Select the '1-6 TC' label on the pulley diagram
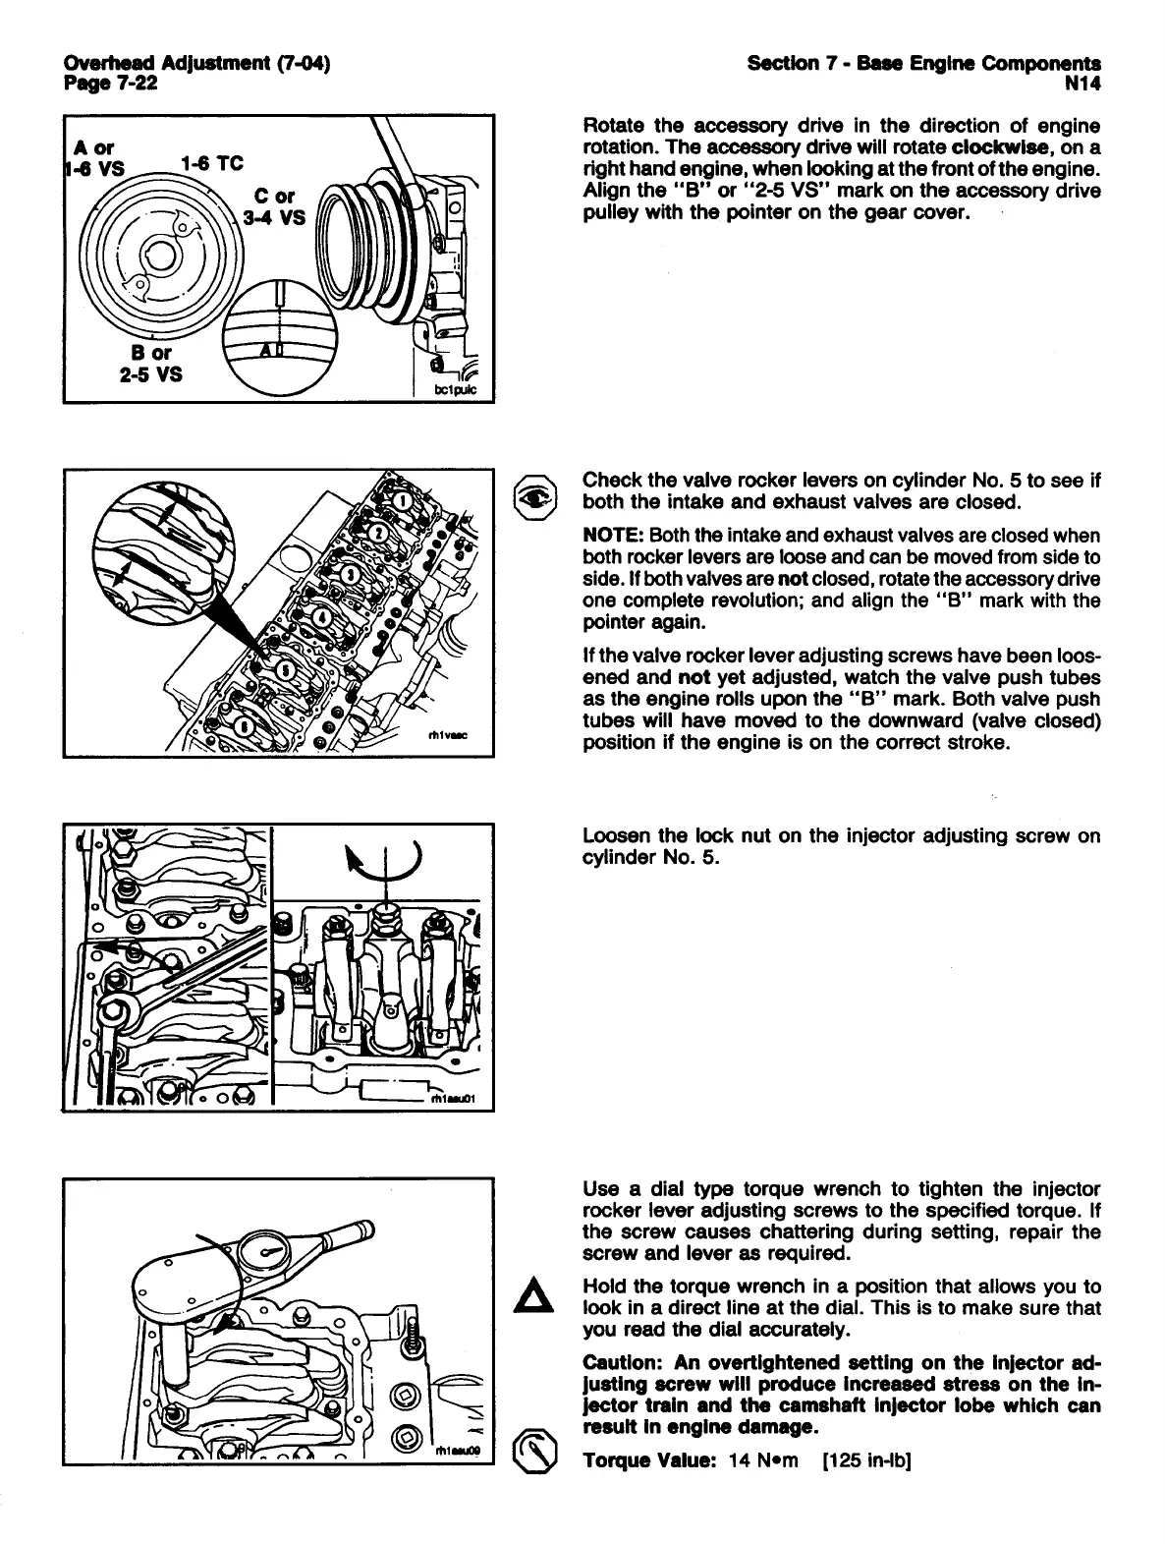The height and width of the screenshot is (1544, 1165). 212,163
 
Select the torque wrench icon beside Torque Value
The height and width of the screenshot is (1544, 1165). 536,1449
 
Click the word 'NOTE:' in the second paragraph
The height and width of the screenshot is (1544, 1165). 613,536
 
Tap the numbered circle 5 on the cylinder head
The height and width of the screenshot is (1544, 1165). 285,668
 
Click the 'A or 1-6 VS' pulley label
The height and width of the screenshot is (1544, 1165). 94,158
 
